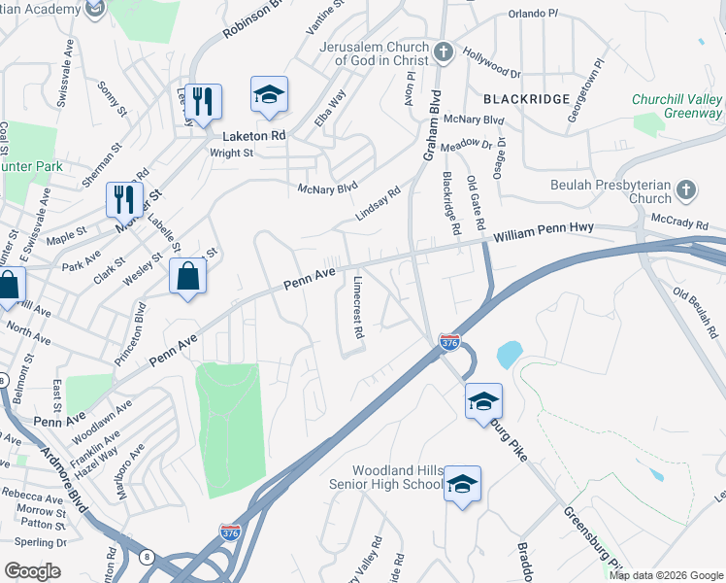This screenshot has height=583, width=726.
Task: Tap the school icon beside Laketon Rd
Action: point(269,95)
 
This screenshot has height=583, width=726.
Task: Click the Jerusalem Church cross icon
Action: point(443,52)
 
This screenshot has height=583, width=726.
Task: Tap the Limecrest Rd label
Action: point(358,305)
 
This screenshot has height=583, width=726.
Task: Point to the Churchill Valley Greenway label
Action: point(676,106)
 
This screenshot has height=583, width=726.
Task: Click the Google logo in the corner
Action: point(32,570)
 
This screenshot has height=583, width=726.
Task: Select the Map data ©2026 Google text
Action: point(666,575)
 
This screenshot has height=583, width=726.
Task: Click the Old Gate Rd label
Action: point(475,202)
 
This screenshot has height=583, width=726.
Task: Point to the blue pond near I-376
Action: point(510,354)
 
